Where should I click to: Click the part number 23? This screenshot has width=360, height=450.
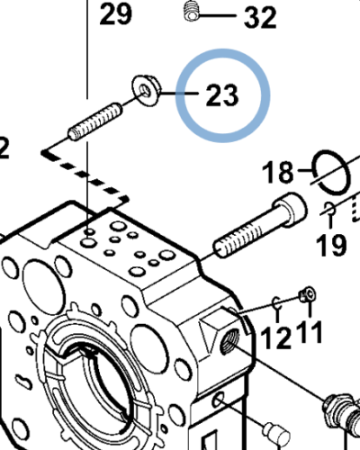222,95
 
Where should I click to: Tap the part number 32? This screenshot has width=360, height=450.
260,18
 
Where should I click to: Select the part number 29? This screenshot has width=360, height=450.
115,13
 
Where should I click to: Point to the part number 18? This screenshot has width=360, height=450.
277,172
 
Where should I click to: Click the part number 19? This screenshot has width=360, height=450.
331,245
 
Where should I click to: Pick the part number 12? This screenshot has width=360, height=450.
276,337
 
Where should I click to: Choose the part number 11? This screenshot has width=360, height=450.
310,332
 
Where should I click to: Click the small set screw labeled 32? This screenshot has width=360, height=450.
191,11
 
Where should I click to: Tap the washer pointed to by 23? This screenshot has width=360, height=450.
146,91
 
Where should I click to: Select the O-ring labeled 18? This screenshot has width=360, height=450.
331,173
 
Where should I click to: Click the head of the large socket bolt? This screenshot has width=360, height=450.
290,208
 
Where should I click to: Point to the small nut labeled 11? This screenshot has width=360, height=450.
307,294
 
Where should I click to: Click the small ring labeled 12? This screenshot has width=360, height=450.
277,303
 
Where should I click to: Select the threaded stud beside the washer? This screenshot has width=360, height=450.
95,121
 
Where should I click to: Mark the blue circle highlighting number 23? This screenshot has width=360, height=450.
222,95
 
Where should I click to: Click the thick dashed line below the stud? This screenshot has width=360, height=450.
85,175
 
